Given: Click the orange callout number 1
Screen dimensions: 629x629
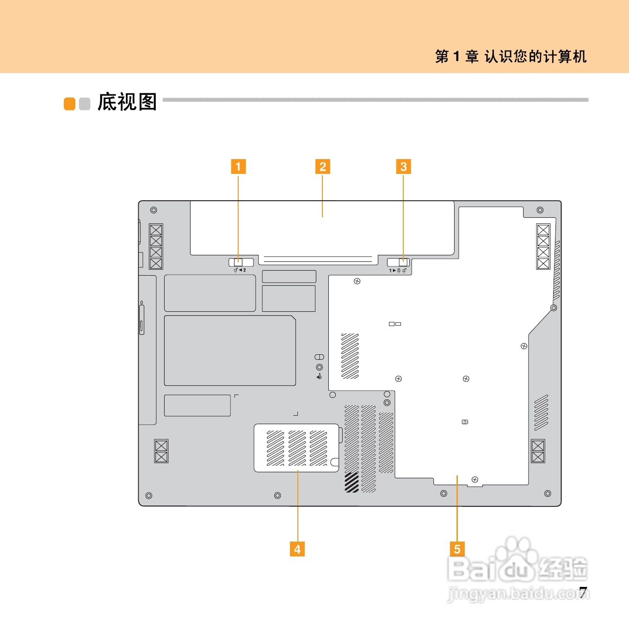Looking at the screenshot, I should point(238,166).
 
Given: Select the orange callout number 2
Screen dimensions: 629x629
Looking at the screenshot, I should point(323,166).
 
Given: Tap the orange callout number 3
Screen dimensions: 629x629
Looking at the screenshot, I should point(403,166).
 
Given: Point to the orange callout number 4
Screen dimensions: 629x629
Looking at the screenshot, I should point(297,549).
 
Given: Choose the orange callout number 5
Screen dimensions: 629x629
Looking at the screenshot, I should point(457,549).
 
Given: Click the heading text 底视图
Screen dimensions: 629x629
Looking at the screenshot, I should point(127,102).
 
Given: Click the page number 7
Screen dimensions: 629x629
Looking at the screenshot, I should point(584,592).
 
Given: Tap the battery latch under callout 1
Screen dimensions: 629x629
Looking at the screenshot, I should point(241,263).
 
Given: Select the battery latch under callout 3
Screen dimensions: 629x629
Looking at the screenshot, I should point(398,263).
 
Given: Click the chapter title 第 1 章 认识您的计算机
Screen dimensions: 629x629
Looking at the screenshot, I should point(511,56).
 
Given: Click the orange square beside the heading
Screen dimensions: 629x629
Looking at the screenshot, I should point(69,104).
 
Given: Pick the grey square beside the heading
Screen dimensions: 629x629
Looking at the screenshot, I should point(85,104).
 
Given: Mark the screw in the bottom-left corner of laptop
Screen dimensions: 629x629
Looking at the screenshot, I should point(148,496).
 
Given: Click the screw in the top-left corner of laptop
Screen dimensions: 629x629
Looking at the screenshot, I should point(154,210).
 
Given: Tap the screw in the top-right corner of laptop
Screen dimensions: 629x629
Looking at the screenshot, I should point(540,210).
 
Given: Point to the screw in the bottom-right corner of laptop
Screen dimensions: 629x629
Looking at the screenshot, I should point(548,494).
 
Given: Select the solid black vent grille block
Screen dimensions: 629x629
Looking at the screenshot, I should point(352,482).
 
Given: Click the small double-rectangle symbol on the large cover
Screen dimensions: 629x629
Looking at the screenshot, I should point(395,324).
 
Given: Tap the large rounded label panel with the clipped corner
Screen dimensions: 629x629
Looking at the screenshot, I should point(230,351).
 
